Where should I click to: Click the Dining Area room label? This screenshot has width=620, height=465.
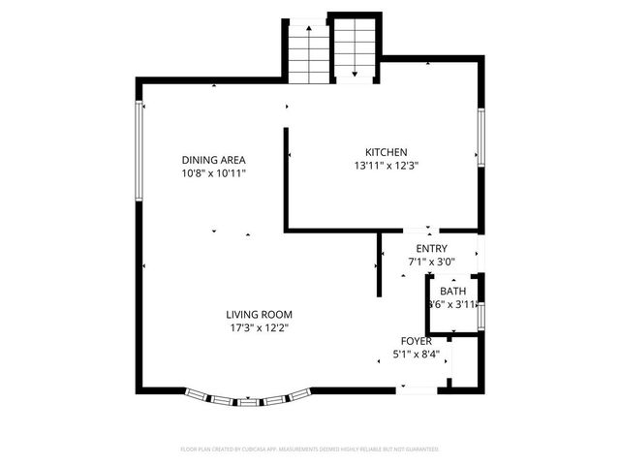click(213, 160)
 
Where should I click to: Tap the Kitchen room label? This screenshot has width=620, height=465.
click(386, 152)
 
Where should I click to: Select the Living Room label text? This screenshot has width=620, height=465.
click(259, 315)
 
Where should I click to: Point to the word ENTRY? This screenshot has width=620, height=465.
click(431, 249)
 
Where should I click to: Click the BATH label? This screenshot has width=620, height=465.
click(452, 292)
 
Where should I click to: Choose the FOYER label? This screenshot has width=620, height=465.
click(417, 341)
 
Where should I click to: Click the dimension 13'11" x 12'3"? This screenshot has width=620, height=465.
click(386, 166)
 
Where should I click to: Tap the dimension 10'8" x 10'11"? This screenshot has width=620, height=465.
click(213, 173)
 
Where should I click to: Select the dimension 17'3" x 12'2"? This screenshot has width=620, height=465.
click(259, 328)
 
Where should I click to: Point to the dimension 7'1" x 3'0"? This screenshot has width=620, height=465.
click(431, 262)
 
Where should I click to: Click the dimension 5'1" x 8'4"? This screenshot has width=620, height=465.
click(418, 355)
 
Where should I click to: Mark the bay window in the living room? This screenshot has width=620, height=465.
click(248, 397)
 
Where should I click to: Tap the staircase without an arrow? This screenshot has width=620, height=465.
click(309, 52)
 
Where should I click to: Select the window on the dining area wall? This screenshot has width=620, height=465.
click(139, 150)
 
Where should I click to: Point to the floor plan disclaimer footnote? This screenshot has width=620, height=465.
click(310, 449)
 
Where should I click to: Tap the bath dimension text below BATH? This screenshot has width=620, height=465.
click(452, 305)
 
